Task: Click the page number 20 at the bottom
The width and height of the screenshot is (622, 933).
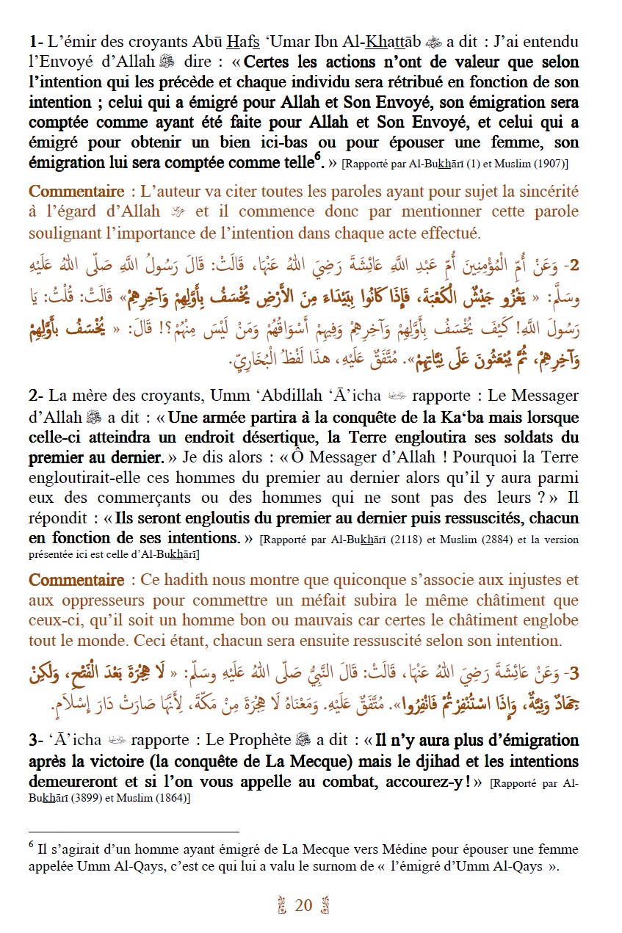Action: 303,906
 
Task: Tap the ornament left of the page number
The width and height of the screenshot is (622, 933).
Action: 281,907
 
